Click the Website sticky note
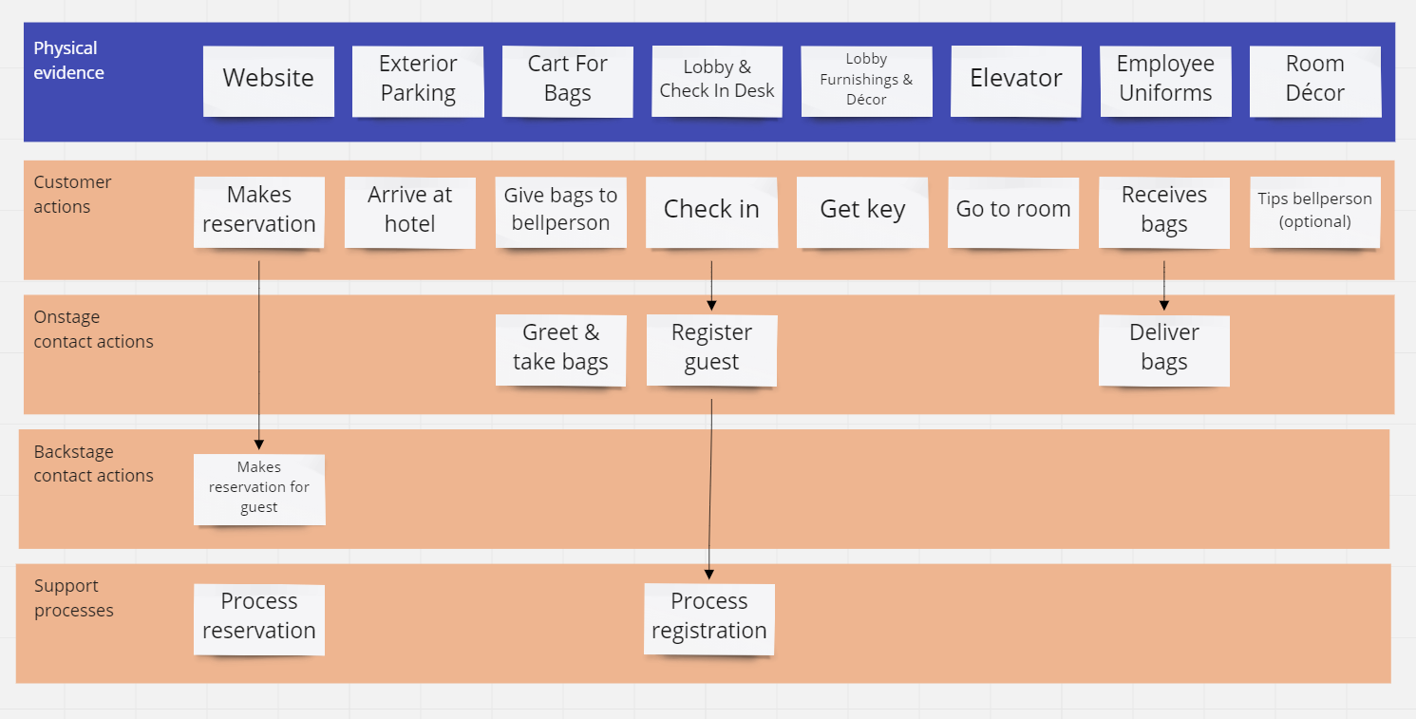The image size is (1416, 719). click(268, 80)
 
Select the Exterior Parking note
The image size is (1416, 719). click(418, 80)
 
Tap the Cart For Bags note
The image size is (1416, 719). click(567, 80)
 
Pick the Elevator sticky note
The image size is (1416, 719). click(1015, 80)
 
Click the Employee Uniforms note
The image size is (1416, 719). click(1165, 80)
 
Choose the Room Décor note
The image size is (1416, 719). click(1314, 80)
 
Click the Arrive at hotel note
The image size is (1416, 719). click(409, 211)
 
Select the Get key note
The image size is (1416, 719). click(862, 211)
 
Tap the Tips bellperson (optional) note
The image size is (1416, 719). click(1314, 211)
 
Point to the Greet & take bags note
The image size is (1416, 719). click(560, 349)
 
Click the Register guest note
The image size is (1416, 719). click(711, 349)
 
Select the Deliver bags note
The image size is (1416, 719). click(1163, 349)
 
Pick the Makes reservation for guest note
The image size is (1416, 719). click(258, 488)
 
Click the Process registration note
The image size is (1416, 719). click(708, 617)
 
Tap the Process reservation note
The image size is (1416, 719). click(258, 617)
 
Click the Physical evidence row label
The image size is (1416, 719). click(68, 61)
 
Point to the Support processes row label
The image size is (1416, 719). click(73, 598)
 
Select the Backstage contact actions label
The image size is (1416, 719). click(93, 464)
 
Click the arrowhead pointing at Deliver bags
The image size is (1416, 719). click(1164, 305)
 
